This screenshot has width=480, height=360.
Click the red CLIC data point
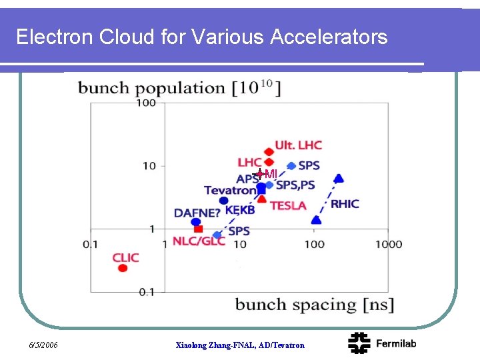tap(123, 268)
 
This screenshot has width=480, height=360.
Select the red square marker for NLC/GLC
tap(198, 229)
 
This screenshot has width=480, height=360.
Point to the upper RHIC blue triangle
tap(339, 178)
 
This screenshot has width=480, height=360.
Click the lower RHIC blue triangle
tap(317, 219)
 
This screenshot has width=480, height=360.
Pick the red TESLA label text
tap(288, 205)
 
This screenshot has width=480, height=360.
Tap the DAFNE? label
tap(197, 213)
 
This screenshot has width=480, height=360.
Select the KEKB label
tap(240, 210)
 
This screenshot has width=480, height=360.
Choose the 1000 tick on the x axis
tap(389, 244)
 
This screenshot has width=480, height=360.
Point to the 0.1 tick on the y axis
tap(146, 291)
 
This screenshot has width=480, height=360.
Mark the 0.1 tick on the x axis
tap(91, 244)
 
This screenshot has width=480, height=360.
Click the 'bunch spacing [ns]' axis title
tap(315, 305)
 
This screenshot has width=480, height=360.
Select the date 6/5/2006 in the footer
tap(43, 345)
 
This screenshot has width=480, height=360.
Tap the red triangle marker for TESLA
tap(263, 199)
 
